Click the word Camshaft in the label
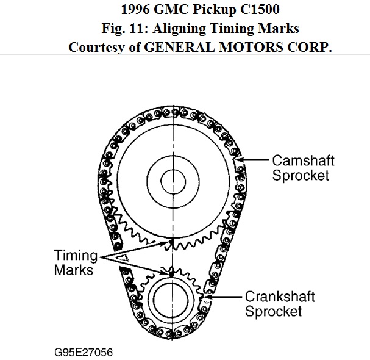pyautogui.click(x=302, y=161)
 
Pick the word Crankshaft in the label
pyautogui.click(x=280, y=297)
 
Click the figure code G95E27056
pyautogui.click(x=83, y=352)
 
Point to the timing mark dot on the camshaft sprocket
pyautogui.click(x=172, y=241)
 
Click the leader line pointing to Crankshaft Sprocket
pyautogui.click(x=226, y=297)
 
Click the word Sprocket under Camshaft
pyautogui.click(x=301, y=176)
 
